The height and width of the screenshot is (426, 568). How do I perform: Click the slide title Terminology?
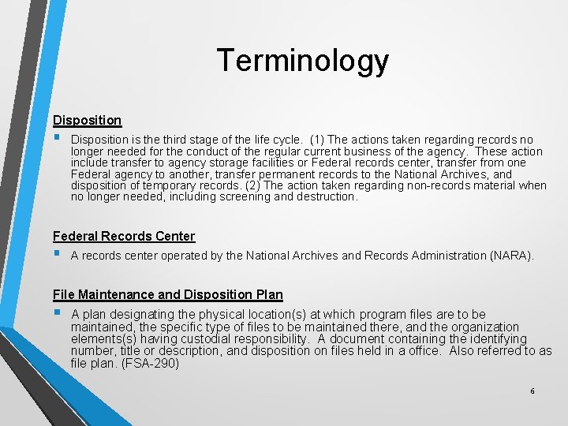point(302,61)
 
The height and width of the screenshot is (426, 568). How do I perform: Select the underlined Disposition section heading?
point(87,120)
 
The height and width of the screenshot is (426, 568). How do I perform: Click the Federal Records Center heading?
point(123,236)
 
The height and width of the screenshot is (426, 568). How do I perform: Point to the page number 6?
point(532,391)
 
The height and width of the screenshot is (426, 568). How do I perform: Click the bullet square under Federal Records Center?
point(58,255)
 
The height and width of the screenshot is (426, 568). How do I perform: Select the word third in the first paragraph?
point(172,140)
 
